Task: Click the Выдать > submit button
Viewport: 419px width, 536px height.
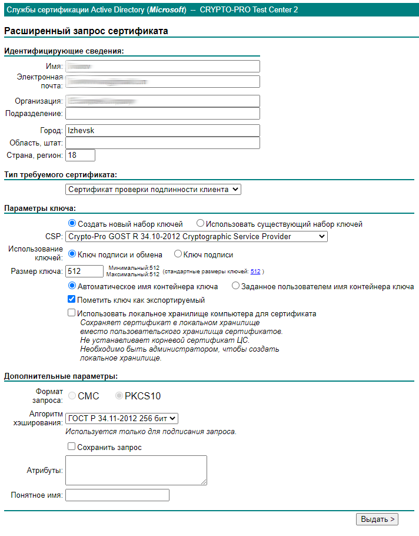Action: tap(377, 519)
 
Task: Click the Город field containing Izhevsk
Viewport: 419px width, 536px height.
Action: tap(162, 131)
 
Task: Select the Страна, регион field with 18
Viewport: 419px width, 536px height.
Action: tap(80, 155)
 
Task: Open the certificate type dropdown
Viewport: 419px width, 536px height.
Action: tap(153, 190)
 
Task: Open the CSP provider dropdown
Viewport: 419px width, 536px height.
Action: tap(196, 236)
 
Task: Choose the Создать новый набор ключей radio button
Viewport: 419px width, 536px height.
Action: tap(72, 224)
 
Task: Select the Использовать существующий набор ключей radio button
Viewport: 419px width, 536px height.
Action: tap(200, 224)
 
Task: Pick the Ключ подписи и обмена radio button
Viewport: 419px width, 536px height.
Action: tap(72, 254)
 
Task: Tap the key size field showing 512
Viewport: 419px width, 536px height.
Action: tap(85, 271)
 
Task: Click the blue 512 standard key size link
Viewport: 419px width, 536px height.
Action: tap(255, 272)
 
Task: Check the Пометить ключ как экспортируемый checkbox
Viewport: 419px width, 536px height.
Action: tap(72, 299)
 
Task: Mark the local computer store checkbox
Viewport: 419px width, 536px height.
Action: tap(72, 313)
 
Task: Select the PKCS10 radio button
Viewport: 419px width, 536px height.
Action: tap(119, 396)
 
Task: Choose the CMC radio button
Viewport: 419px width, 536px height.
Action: tap(72, 396)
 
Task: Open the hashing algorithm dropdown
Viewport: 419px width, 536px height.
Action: tap(121, 418)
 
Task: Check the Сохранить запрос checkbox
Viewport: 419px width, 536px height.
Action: tap(72, 447)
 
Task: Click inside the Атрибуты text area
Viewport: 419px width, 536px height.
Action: tap(136, 470)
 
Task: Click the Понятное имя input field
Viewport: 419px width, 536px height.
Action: tap(117, 495)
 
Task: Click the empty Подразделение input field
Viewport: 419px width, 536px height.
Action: tap(162, 113)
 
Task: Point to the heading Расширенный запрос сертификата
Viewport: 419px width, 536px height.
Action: tap(86, 31)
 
